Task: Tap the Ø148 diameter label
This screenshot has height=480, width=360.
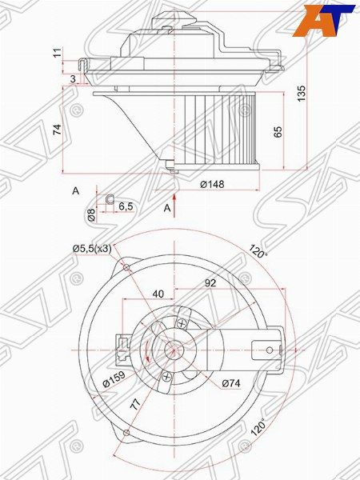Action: [x=211, y=185]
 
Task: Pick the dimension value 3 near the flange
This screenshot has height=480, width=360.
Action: [x=72, y=78]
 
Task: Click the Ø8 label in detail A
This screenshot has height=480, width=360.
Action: [x=90, y=214]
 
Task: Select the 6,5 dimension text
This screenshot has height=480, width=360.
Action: [x=126, y=206]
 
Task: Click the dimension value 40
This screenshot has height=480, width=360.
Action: [x=158, y=294]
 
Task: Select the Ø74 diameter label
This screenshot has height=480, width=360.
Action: [x=231, y=382]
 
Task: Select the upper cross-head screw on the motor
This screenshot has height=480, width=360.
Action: [x=183, y=323]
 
